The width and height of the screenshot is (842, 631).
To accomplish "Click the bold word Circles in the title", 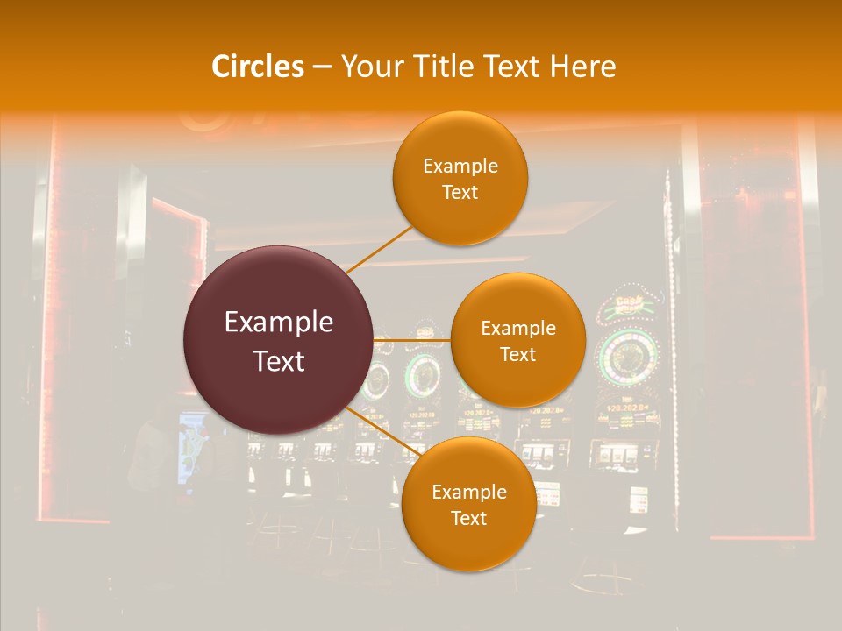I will click(258, 67).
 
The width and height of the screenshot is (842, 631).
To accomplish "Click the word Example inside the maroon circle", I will click(279, 323).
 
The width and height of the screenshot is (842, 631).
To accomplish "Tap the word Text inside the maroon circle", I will click(279, 361).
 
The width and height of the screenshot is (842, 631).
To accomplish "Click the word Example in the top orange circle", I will click(460, 166).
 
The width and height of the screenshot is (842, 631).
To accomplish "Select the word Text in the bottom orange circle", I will click(468, 518).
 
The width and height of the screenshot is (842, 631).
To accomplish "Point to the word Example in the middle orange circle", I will click(518, 328).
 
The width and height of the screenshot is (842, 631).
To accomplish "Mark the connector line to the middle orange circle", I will click(412, 339).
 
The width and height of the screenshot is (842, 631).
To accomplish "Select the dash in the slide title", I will click(322, 67).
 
